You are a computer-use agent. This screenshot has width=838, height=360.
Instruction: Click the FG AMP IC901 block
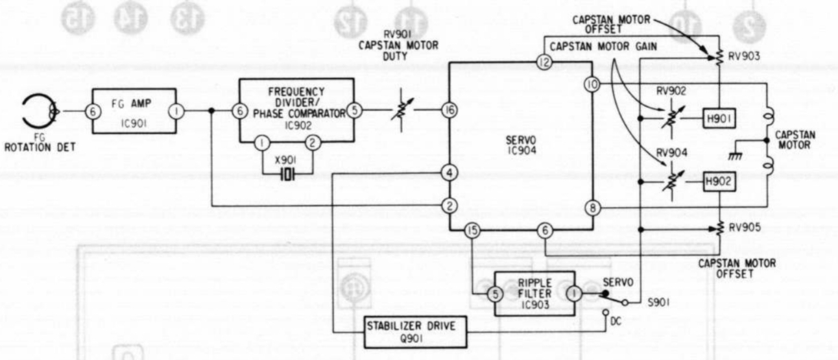coord(134,111)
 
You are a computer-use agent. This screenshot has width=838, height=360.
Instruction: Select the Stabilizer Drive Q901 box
coord(415,332)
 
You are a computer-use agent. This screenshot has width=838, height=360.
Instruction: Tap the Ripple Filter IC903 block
coord(534,294)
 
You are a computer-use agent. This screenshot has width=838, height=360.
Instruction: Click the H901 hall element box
coord(719,119)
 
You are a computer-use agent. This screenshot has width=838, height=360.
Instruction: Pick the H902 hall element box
coord(719,182)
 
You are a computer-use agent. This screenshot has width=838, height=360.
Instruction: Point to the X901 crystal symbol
coord(287,174)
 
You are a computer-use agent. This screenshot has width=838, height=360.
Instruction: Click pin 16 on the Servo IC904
coord(449,110)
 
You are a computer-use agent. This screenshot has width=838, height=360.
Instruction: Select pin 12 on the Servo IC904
coord(544,62)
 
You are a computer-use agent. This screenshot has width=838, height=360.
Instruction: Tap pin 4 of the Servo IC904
coord(449,173)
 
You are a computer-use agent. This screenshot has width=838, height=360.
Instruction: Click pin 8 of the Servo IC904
coord(593,208)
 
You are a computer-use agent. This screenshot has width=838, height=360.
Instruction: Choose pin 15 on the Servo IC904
coord(472,230)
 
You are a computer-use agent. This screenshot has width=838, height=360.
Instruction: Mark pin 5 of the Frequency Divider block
coord(354,110)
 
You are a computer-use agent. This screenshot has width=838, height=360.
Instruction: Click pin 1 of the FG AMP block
coord(176,111)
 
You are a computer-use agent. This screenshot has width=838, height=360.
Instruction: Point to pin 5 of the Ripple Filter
coord(496,294)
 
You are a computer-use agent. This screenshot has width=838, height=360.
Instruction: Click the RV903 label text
coord(744,56)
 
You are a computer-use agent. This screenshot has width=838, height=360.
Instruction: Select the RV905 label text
coord(745,227)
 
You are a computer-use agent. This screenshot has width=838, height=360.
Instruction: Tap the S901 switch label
coord(659,302)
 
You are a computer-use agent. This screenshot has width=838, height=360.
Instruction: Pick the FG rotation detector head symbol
coord(40,111)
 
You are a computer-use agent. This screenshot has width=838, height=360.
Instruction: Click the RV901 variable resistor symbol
coord(402,110)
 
